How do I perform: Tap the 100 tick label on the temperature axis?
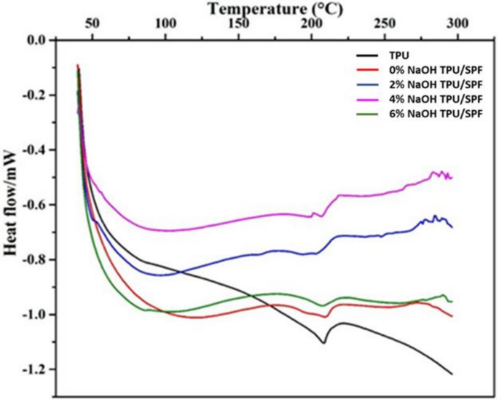(x=165, y=24)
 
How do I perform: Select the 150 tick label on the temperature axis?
(x=238, y=24)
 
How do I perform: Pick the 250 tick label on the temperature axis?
(x=384, y=24)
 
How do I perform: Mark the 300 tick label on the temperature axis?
(x=457, y=24)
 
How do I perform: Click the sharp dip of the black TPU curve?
(x=323, y=342)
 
